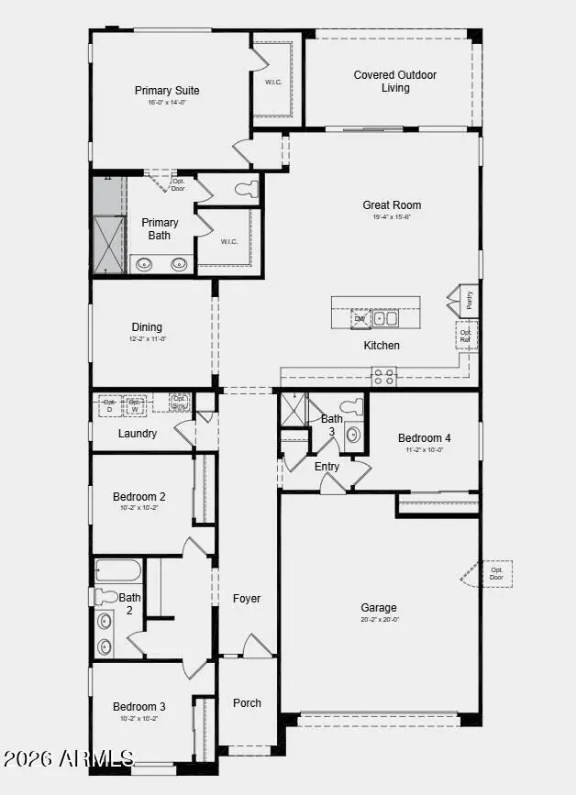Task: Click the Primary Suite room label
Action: click(167, 91)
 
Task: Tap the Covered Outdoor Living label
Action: click(395, 82)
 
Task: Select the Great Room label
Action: click(392, 205)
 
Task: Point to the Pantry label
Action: click(469, 300)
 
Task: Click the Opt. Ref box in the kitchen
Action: click(466, 336)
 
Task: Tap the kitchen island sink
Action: click(385, 319)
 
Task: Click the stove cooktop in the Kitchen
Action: click(383, 375)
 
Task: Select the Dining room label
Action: click(147, 327)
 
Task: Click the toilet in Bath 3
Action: click(353, 407)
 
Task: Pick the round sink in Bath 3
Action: click(353, 435)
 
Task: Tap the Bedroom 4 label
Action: click(424, 437)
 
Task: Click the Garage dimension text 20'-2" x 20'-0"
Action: click(379, 620)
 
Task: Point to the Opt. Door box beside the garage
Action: click(496, 573)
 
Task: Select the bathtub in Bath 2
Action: click(118, 570)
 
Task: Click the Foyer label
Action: click(247, 599)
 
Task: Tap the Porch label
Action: click(247, 703)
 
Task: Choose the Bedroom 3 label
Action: click(139, 707)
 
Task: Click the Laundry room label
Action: click(138, 434)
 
